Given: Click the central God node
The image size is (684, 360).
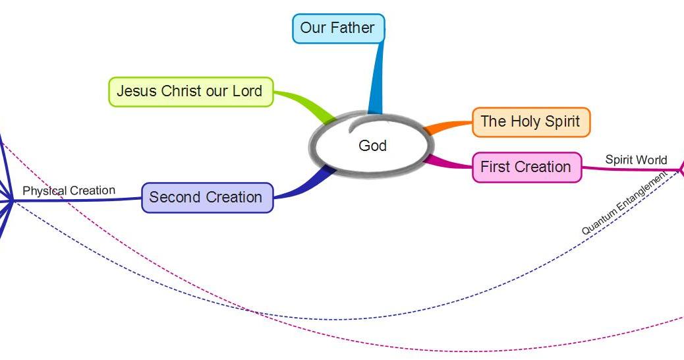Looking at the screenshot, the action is click(x=372, y=145).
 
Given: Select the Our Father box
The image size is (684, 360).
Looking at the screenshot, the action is click(x=338, y=28).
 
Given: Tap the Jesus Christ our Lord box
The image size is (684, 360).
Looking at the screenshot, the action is click(x=190, y=92).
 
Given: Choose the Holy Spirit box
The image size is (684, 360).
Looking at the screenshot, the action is click(x=531, y=122).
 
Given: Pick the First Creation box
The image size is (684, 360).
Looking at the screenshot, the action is click(x=527, y=167).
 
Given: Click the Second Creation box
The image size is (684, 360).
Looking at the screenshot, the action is click(x=207, y=198).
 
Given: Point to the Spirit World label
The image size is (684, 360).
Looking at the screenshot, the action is click(x=636, y=160).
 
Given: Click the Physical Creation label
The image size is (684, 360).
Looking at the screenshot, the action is click(x=69, y=191).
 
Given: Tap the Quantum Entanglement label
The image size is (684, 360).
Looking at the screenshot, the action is click(x=624, y=202).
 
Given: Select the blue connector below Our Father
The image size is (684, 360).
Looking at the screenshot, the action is click(x=376, y=78).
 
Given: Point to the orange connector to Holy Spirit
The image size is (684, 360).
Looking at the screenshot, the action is click(x=448, y=127).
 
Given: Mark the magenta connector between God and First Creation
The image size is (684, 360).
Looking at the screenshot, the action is click(x=448, y=162).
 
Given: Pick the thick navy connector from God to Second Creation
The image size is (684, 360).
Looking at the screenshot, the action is click(x=305, y=185).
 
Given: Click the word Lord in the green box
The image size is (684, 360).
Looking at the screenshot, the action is click(x=247, y=91).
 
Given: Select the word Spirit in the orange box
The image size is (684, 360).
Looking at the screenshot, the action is click(x=562, y=122).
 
